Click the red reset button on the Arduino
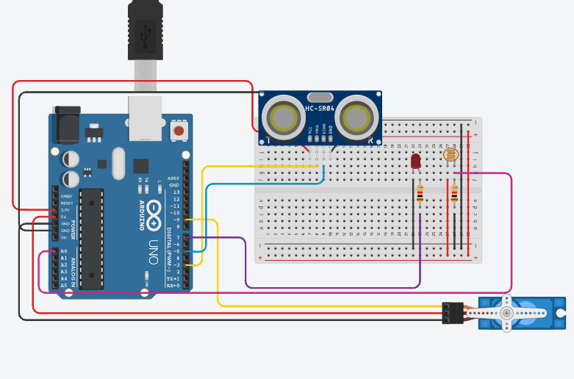pyautogui.click(x=178, y=131)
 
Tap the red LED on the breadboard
pyautogui.click(x=415, y=161)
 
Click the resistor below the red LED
pyautogui.click(x=420, y=194)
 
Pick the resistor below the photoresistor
pyautogui.click(x=454, y=194)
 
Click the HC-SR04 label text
pyautogui.click(x=320, y=109)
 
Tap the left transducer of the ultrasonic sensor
pyautogui.click(x=281, y=116)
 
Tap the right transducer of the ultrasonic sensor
pyautogui.click(x=358, y=116)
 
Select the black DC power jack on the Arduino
pyautogui.click(x=67, y=125)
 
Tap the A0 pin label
pyautogui.click(x=63, y=252)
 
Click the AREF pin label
pyautogui.click(x=173, y=178)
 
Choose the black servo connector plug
pyautogui.click(x=451, y=313)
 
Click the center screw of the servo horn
pyautogui.click(x=506, y=313)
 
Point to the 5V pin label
pyautogui.click(x=63, y=217)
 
